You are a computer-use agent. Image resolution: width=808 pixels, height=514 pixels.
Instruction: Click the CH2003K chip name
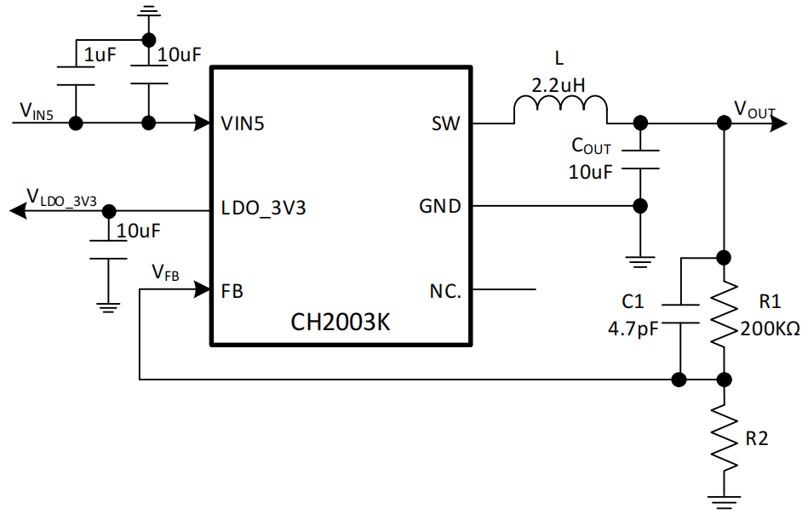340,322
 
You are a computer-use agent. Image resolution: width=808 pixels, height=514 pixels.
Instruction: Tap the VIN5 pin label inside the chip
242,123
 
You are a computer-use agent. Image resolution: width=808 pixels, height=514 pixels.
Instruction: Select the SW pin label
446,123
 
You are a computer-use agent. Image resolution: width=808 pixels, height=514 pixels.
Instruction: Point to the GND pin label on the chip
440,206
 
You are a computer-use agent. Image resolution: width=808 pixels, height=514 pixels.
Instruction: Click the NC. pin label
445,292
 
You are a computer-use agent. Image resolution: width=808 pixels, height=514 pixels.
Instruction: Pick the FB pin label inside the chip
232,292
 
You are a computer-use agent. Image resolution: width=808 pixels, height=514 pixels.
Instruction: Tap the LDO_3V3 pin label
263,208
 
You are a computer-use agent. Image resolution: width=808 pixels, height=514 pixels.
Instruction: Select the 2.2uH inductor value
559,85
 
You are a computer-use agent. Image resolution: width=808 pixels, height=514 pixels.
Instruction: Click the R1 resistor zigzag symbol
724,312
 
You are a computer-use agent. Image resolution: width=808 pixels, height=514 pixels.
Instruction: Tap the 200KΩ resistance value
770,328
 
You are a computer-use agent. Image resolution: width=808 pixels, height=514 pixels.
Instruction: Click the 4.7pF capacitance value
633,328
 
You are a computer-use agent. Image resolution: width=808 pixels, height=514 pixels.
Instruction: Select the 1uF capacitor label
100,54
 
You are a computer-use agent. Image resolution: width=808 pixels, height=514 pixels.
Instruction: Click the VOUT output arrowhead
779,123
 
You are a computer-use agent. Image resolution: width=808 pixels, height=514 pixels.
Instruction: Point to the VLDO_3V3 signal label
61,198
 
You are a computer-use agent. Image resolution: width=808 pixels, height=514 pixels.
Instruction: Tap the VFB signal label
165,272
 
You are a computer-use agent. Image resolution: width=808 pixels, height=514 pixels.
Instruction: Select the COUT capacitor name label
591,146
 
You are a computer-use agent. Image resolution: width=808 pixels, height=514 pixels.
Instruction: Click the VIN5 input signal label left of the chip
36,111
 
